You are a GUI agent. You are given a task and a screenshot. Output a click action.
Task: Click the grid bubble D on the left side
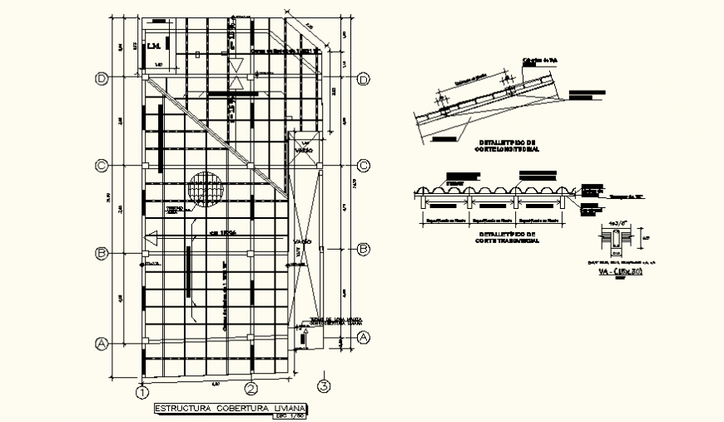(102, 79)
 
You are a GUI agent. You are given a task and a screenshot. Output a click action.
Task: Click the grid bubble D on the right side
(363, 79)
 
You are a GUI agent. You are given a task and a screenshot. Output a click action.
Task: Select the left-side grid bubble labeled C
(102, 166)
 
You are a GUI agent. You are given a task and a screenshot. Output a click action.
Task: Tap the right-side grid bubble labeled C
(363, 165)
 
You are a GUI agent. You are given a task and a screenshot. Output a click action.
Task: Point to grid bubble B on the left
(102, 252)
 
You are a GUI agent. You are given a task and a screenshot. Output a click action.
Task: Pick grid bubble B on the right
(363, 249)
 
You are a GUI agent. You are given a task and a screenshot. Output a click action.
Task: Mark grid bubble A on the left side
(102, 341)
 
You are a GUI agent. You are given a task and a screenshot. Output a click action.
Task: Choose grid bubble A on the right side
(363, 337)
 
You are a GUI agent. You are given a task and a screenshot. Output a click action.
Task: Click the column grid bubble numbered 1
(142, 390)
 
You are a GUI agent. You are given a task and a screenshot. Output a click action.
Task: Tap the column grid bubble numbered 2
(250, 389)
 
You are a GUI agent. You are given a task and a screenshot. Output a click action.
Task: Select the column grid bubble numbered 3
(324, 385)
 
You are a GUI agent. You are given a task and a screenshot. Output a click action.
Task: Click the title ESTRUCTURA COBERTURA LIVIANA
(231, 408)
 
